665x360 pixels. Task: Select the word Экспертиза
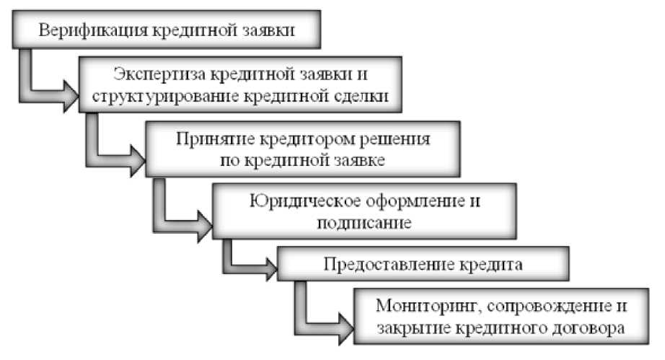[157, 74]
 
